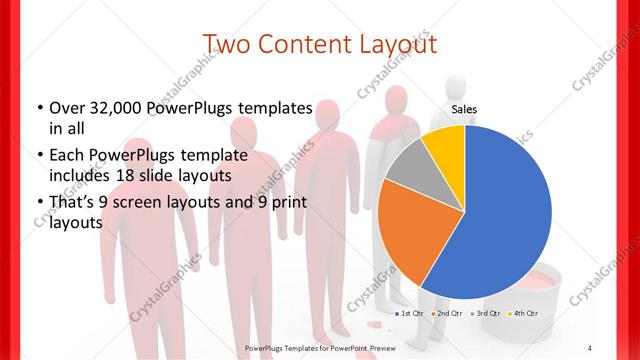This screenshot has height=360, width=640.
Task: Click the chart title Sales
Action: tap(463, 109)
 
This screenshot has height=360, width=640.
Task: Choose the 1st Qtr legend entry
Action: tap(409, 313)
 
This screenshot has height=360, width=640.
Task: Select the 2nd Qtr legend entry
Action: tap(447, 313)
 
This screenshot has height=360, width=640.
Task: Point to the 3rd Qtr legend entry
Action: tap(484, 313)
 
